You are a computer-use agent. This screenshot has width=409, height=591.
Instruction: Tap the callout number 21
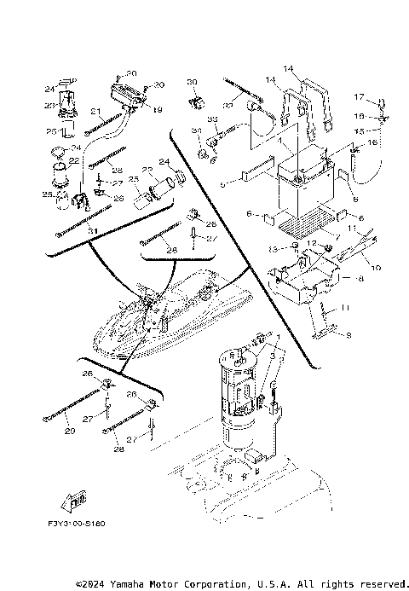click(96, 112)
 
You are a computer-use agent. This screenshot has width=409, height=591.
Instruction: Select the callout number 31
click(92, 231)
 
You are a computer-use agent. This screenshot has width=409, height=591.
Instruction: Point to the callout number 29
click(69, 432)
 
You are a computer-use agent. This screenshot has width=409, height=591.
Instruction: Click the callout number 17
click(360, 96)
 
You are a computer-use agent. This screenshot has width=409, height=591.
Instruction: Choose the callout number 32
click(211, 119)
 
